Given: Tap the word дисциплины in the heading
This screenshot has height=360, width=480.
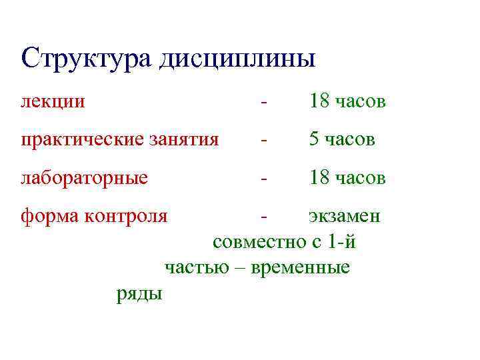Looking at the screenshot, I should [x=236, y=58].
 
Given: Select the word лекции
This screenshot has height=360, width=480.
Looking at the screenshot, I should [x=53, y=102].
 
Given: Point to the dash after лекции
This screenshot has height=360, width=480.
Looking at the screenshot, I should [x=265, y=103].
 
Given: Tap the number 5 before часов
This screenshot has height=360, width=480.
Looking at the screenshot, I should [x=313, y=140].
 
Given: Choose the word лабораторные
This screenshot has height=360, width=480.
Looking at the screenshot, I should [x=84, y=179].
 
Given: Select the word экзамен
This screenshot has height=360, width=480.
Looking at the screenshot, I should [x=344, y=217].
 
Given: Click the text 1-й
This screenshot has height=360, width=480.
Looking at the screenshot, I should [x=342, y=242].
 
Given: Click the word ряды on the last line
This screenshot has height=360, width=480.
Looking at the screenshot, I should [x=139, y=293].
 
